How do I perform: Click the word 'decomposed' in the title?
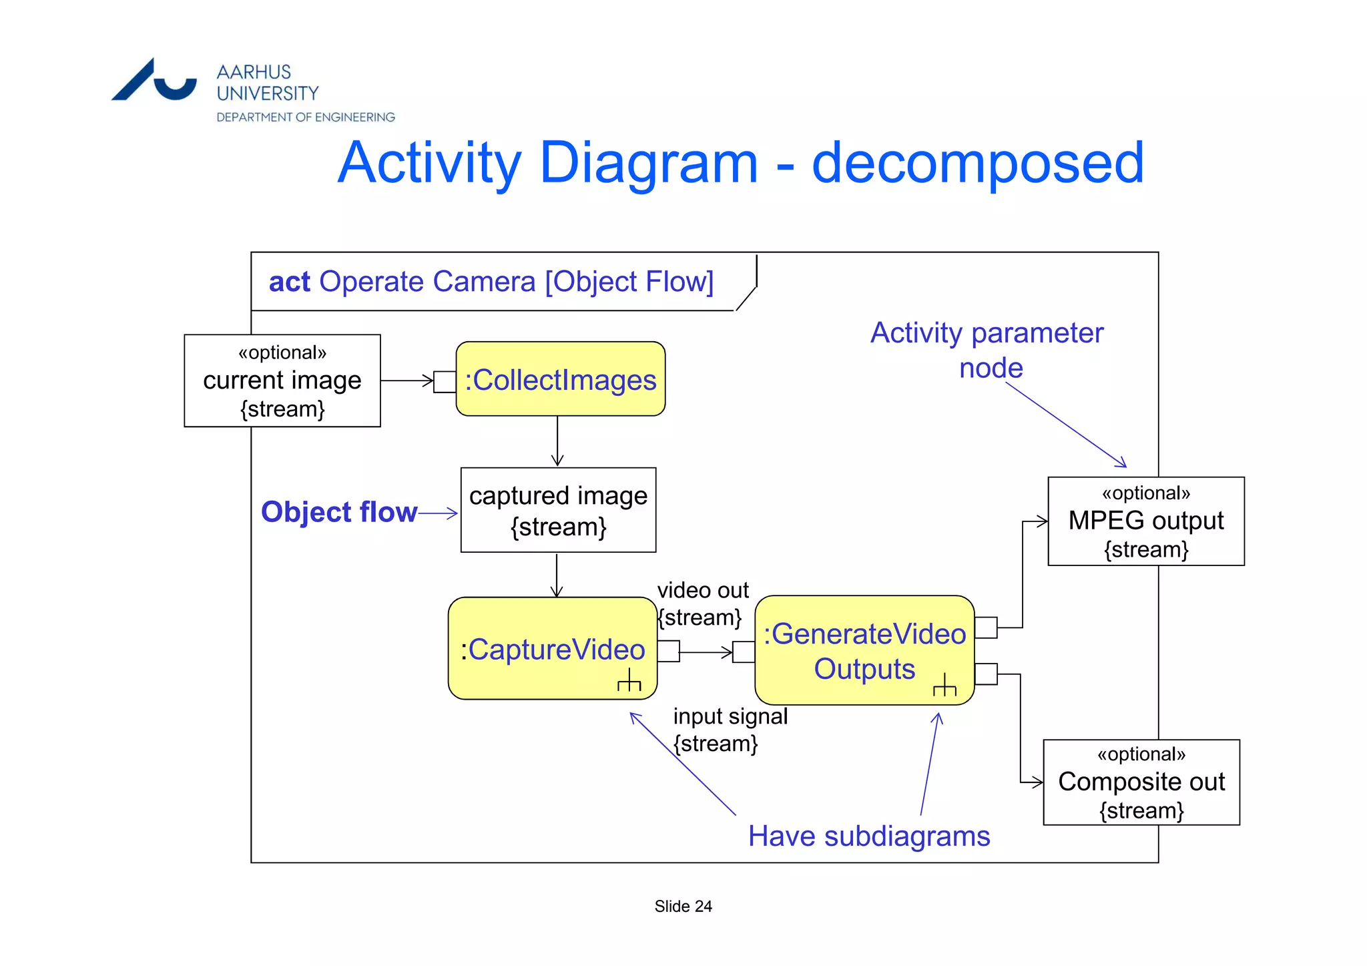click(977, 164)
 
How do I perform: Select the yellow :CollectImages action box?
click(560, 379)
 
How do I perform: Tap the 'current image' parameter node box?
click(282, 381)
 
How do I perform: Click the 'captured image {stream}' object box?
click(558, 510)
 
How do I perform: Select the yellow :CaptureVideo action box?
click(552, 649)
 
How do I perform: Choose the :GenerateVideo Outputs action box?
click(864, 650)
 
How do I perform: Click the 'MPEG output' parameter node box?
click(1145, 521)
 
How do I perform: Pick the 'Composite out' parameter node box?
click(1141, 782)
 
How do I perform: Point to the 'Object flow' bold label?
click(338, 512)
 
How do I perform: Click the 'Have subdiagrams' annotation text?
click(868, 836)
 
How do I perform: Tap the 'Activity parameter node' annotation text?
click(987, 350)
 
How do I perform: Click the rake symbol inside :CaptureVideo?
click(629, 680)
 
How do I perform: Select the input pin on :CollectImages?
click(445, 381)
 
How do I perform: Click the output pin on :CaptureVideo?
click(668, 651)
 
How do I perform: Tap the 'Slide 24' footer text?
click(683, 906)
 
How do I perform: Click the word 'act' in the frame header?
click(289, 282)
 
